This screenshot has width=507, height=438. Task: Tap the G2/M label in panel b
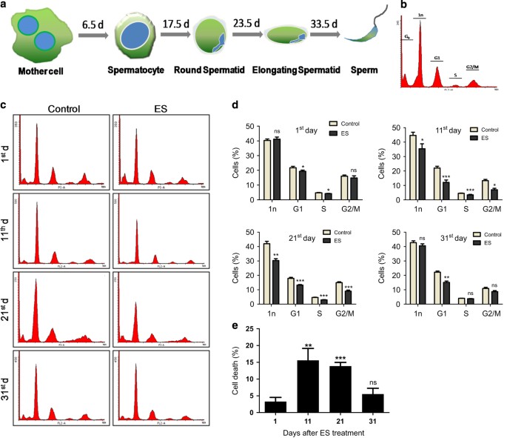pyautogui.click(x=476, y=67)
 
